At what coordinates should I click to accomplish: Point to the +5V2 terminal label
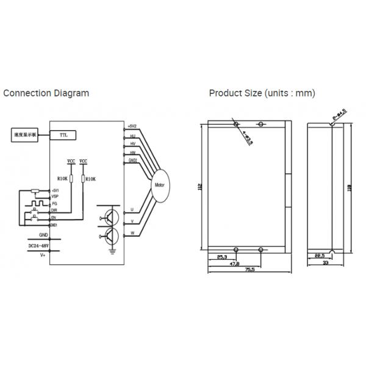point(133,126)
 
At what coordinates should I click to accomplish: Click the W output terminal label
point(132,233)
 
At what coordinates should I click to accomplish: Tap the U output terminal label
point(132,209)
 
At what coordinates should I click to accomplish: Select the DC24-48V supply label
point(40,245)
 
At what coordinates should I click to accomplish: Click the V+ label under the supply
point(43,256)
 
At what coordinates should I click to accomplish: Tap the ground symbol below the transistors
point(112,248)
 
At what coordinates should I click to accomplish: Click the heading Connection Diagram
point(46,93)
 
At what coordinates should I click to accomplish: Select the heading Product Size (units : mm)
point(262,93)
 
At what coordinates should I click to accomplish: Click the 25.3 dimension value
point(223,257)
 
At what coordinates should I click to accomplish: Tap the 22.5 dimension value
point(320,257)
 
